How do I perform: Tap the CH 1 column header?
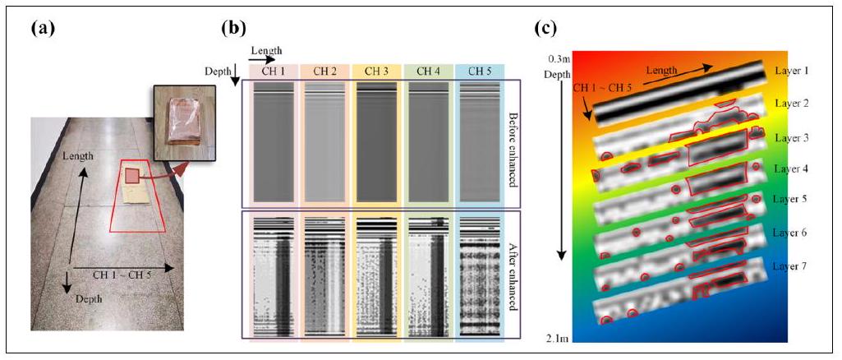(x=274, y=71)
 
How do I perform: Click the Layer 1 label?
(x=792, y=72)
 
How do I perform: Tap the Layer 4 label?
(x=792, y=168)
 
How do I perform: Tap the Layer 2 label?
(x=792, y=104)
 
